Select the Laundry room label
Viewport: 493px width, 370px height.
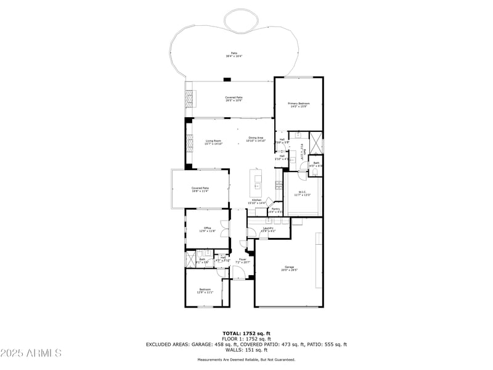point(267,229)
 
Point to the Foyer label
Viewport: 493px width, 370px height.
point(242,260)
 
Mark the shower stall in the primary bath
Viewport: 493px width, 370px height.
point(316,143)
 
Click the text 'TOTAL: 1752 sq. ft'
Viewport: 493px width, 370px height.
point(246,333)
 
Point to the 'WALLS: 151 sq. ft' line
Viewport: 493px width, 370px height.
point(246,350)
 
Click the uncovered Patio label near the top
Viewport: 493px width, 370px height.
point(234,54)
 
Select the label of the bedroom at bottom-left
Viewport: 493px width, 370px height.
point(205,291)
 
